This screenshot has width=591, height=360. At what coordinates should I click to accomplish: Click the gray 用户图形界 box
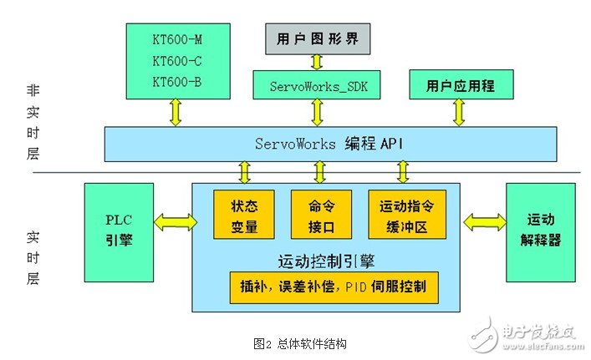click(317, 38)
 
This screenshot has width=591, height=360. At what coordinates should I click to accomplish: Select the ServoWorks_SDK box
click(317, 86)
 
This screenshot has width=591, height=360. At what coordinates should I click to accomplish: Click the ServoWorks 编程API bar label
click(329, 143)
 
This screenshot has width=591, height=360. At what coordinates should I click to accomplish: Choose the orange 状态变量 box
click(243, 215)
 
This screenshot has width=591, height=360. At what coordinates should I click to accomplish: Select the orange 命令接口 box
click(321, 215)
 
